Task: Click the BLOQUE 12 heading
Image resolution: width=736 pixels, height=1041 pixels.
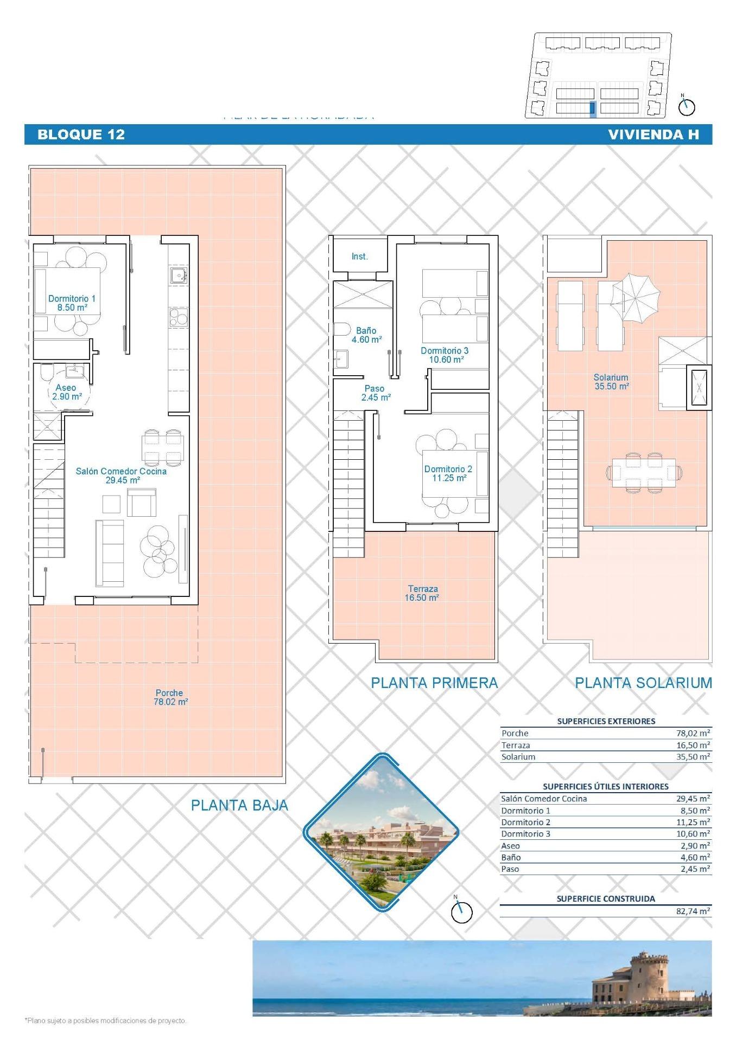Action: coord(81,134)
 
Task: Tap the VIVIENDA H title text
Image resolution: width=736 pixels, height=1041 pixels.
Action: coord(653,134)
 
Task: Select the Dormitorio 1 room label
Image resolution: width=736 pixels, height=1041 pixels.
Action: coord(72,303)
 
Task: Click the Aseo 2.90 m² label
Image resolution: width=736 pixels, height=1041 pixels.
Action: coord(66,392)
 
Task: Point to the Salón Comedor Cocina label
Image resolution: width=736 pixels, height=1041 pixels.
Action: coord(121,475)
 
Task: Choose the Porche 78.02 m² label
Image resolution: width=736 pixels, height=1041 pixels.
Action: coord(170,697)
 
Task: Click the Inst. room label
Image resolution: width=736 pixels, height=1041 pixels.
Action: coord(359,256)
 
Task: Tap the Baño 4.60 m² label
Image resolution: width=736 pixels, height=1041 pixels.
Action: coord(366,335)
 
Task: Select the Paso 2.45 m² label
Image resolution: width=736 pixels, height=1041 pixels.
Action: coord(375,393)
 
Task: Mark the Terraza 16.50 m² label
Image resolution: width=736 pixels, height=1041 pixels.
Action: coord(422,593)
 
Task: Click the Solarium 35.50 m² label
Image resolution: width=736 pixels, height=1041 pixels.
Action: coord(611,382)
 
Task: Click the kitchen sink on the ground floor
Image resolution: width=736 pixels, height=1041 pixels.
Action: coord(177,276)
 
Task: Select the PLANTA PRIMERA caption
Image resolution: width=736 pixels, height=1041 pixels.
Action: coord(434,683)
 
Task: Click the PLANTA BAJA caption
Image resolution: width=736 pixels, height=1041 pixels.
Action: coord(239,806)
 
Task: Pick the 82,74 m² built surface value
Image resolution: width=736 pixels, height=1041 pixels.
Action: coord(693,911)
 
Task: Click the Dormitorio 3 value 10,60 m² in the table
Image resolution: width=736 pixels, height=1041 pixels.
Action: coord(693,834)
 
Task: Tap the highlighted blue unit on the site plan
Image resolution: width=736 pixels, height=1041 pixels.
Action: coord(593,108)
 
